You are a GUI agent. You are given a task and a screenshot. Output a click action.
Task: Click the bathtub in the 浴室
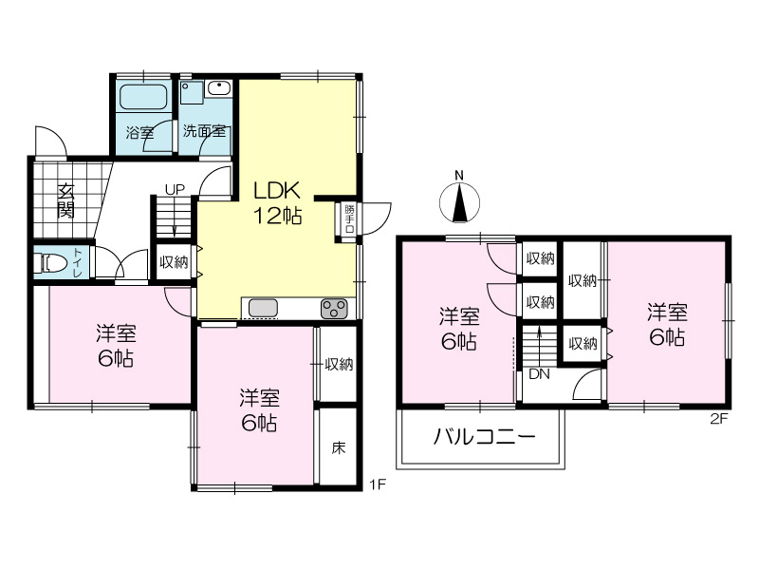143,97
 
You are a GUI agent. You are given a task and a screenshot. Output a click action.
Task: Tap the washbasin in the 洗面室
220,88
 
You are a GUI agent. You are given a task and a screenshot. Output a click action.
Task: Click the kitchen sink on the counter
263,308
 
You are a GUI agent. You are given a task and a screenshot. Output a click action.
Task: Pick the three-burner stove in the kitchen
334,309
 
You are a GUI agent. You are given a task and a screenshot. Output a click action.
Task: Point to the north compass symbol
459,201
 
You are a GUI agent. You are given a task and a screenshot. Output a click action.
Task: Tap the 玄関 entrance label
65,201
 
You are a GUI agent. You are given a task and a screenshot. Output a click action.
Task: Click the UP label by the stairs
175,189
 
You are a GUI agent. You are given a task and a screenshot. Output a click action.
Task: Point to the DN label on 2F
539,374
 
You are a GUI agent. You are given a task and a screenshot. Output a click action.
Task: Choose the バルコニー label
484,437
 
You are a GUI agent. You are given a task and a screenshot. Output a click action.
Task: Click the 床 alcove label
339,447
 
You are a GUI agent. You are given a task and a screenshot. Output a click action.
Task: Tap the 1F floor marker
378,484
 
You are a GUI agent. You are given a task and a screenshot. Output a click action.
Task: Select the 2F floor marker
719,418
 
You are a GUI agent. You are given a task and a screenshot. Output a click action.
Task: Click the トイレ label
78,262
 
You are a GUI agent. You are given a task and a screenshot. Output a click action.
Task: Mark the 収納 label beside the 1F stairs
174,262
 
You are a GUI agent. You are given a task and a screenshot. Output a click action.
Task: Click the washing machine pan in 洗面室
192,92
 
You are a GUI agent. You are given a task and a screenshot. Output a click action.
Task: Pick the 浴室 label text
139,132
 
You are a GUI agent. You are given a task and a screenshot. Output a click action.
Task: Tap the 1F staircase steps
174,217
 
